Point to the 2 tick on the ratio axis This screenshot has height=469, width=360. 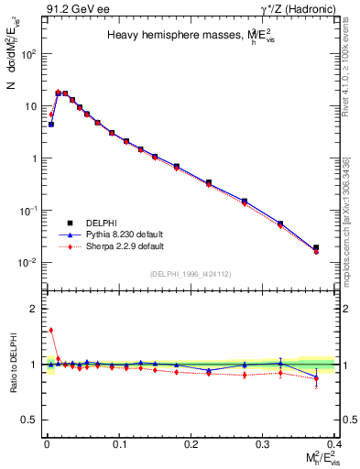point(33,309)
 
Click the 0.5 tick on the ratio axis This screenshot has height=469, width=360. point(29,420)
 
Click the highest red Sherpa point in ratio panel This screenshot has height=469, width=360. point(50,330)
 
